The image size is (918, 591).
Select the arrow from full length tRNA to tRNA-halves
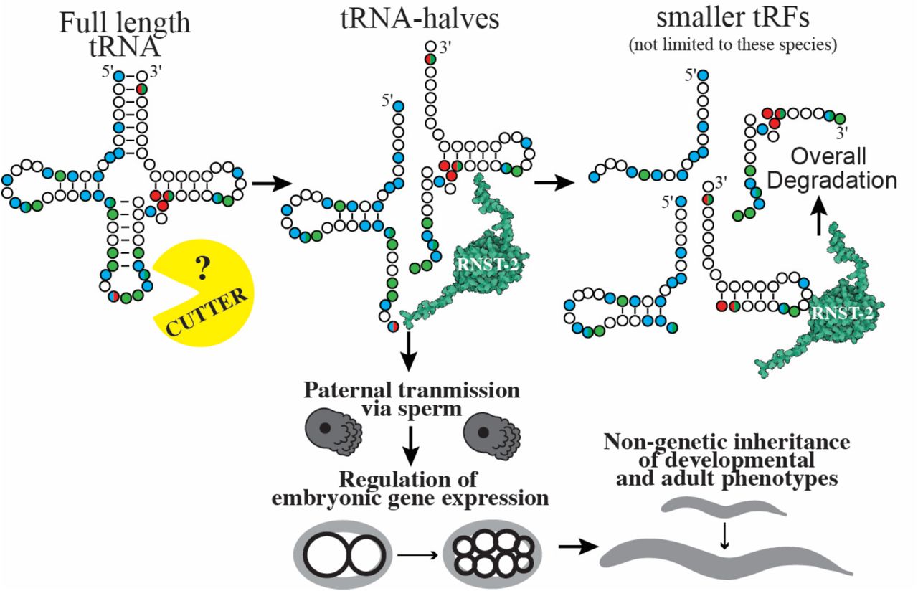(x=267, y=184)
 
